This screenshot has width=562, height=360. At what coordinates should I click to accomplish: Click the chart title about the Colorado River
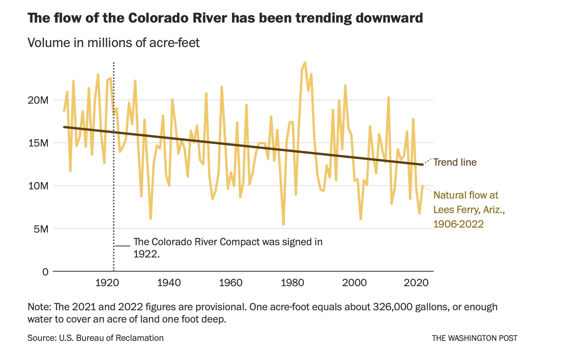(x=225, y=18)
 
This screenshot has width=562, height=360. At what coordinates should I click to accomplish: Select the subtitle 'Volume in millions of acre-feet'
(x=114, y=42)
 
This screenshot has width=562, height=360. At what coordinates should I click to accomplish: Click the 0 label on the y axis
(x=46, y=272)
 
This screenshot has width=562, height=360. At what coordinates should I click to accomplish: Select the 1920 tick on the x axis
(x=107, y=283)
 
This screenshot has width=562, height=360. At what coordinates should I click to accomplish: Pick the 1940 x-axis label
(x=169, y=283)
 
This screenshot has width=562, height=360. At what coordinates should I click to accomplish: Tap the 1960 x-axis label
(x=230, y=283)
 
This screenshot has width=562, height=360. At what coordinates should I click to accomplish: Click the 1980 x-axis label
(x=292, y=283)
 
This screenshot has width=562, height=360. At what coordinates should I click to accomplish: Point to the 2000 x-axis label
(x=354, y=283)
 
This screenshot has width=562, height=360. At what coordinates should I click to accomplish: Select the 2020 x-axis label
(x=416, y=283)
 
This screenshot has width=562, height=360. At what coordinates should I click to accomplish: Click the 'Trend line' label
(x=455, y=162)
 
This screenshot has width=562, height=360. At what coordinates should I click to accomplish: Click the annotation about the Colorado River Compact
(x=228, y=248)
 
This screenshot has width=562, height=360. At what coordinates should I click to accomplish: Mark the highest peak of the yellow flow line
(x=305, y=62)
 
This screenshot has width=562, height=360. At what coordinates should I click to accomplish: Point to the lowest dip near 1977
(x=283, y=224)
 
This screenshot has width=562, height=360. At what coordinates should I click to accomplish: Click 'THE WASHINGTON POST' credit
(x=474, y=338)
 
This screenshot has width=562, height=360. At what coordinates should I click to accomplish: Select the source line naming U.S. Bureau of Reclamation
(x=95, y=338)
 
